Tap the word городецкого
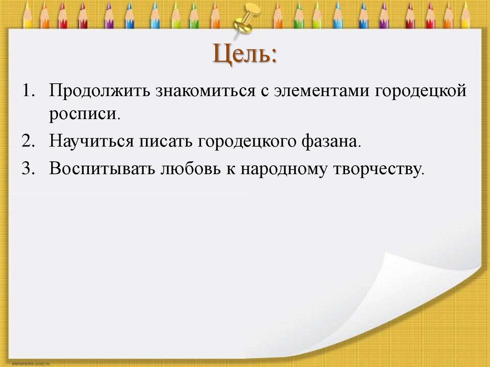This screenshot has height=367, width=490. tap(241, 142)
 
